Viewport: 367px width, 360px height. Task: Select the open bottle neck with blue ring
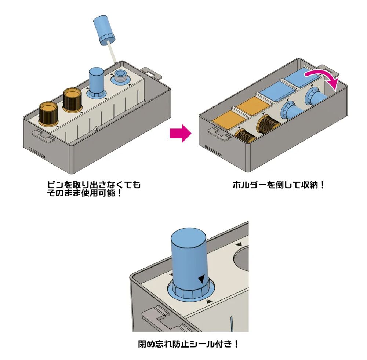coord(120,78)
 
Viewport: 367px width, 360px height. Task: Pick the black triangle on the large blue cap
coord(201,280)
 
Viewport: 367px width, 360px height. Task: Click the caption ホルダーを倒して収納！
coord(279,185)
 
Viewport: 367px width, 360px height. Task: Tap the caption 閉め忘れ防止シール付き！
coord(188,344)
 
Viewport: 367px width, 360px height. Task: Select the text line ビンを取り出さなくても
coord(92,185)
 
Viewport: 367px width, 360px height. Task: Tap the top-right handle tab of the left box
coord(151,72)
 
